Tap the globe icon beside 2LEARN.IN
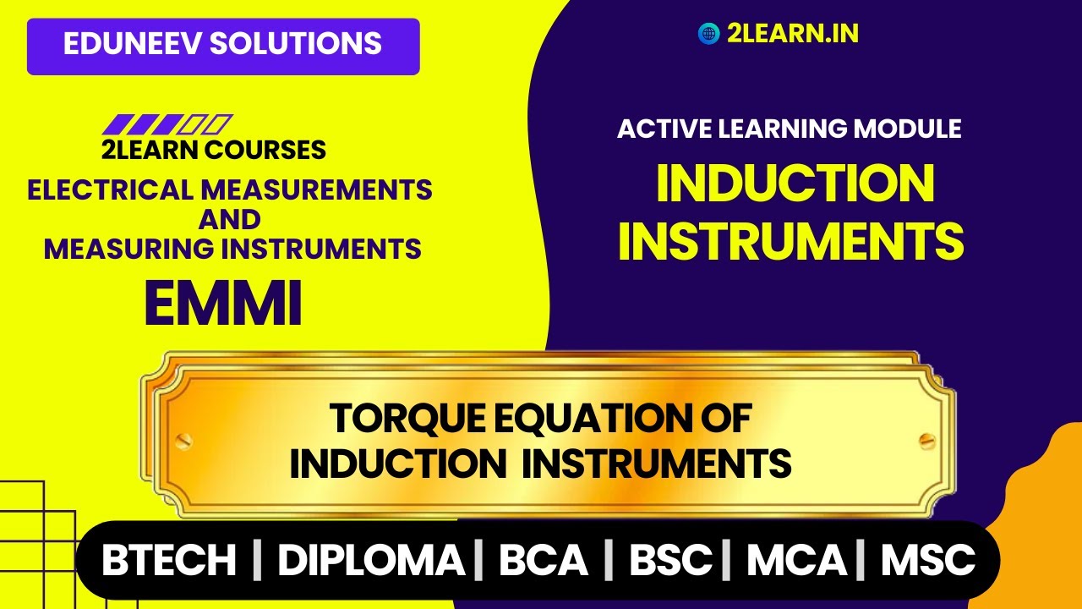(x=708, y=33)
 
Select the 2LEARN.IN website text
(x=792, y=33)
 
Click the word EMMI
(x=223, y=304)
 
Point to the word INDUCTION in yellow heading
(x=795, y=184)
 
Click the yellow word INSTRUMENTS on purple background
(x=791, y=240)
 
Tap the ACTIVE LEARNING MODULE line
(x=789, y=129)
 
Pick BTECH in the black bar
(x=169, y=560)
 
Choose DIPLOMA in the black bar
(x=371, y=560)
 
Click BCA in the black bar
(x=543, y=560)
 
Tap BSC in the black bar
(x=671, y=560)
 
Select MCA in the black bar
(x=795, y=560)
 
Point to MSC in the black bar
(x=928, y=560)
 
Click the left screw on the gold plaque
(x=183, y=440)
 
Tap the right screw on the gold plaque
(x=926, y=440)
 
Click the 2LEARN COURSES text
(x=213, y=151)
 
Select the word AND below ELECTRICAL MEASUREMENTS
(x=229, y=219)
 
